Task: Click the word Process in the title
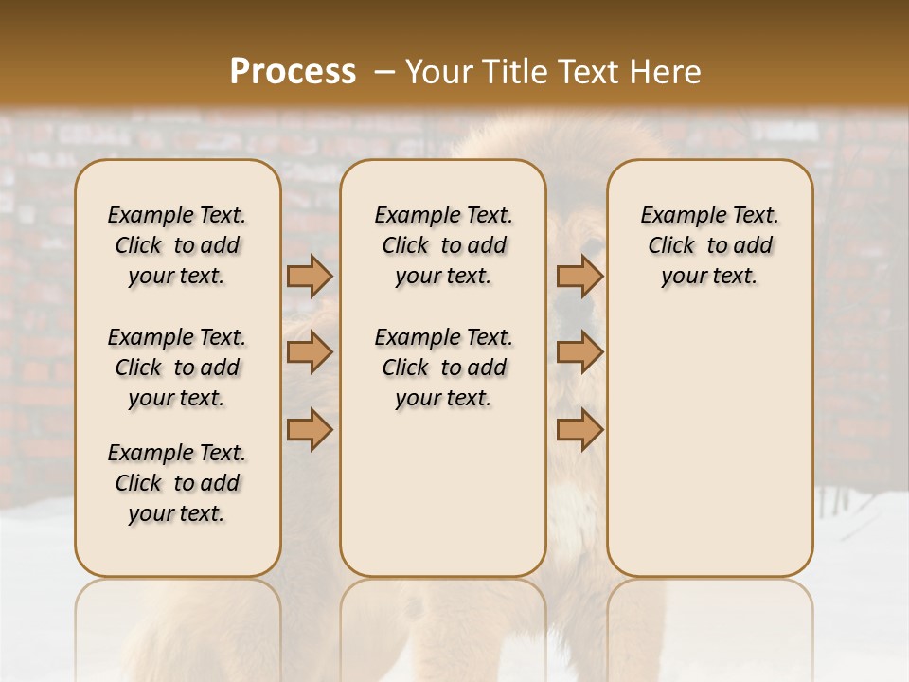pos(293,71)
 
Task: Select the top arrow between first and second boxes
pos(310,277)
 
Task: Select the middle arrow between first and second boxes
pos(310,353)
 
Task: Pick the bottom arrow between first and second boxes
pos(310,429)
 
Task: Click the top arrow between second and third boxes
pos(579,277)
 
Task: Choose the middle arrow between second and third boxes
pos(579,353)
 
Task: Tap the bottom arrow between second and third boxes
pos(579,429)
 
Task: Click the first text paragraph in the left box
pos(177,245)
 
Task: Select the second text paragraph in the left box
pos(177,368)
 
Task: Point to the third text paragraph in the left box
pos(177,483)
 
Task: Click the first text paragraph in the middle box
pos(443,245)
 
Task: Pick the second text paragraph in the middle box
pos(443,368)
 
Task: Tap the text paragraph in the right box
pos(710,245)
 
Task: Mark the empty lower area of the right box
pos(710,445)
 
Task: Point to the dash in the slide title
pos(384,72)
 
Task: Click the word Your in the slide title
pos(437,71)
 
